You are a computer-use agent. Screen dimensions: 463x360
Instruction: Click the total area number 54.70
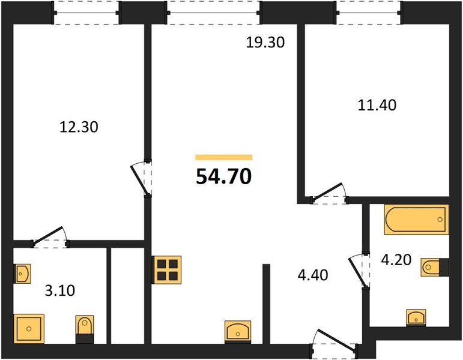224,176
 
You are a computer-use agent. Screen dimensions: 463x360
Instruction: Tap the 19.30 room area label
265,43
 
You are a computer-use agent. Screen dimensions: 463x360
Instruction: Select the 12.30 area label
79,127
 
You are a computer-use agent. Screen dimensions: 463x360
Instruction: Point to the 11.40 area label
377,105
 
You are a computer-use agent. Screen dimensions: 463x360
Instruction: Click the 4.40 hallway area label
313,275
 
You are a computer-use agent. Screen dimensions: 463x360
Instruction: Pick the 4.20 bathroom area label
396,260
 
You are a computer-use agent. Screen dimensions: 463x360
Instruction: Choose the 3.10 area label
60,290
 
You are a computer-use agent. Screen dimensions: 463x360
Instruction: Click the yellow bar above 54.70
224,157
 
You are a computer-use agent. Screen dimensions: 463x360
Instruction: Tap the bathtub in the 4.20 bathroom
416,220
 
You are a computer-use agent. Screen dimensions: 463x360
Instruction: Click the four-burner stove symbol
167,270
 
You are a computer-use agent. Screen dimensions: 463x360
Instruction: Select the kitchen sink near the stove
238,331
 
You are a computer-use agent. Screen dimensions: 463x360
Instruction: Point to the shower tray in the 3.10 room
29,329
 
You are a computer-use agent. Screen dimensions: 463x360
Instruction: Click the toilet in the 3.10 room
85,329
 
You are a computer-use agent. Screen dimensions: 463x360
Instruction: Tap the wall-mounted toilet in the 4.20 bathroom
435,268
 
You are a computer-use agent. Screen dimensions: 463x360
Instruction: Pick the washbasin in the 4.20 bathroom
416,317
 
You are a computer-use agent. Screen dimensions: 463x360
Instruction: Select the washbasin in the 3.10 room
22,274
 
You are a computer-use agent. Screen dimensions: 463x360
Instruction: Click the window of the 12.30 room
86,13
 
